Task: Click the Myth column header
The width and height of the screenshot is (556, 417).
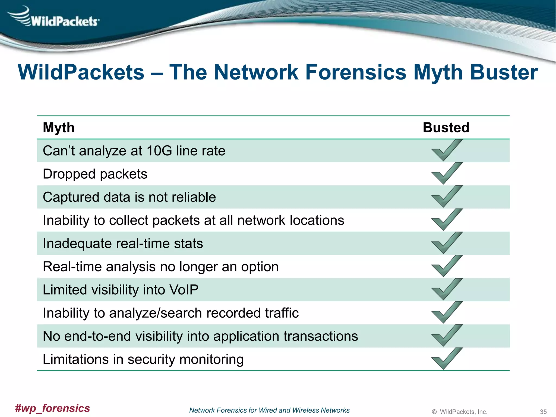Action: [59, 128]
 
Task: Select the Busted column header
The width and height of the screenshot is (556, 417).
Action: [446, 128]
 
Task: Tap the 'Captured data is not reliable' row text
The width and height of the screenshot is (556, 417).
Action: [129, 197]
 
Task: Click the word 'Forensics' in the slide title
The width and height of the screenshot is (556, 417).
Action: [356, 72]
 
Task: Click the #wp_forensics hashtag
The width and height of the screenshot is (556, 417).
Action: [52, 408]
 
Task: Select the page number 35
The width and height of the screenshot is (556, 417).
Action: [543, 412]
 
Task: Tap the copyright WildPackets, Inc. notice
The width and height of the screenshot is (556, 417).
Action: [460, 412]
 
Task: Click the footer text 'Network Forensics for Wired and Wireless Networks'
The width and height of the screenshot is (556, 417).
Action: [269, 410]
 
